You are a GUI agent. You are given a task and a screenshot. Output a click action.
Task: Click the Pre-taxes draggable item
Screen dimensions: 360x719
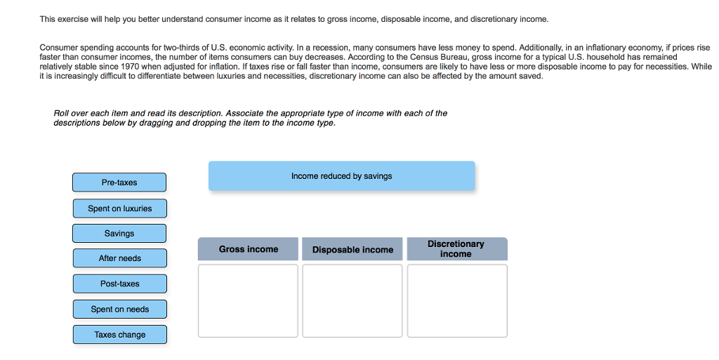tap(119, 182)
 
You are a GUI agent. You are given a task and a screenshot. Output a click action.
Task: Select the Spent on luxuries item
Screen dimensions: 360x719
tap(119, 208)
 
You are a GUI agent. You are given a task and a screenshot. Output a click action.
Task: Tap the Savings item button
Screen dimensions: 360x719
tap(119, 234)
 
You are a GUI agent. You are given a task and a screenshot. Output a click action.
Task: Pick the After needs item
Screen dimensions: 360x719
tap(119, 258)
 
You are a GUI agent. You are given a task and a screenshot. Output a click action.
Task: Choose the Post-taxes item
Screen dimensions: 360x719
tap(119, 284)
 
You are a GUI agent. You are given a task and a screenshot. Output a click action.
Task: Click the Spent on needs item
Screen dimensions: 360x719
tap(119, 309)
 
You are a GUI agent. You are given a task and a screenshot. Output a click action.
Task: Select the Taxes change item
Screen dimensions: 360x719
tap(119, 335)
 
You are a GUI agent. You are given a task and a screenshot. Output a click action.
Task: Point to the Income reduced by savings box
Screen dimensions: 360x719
tap(341, 176)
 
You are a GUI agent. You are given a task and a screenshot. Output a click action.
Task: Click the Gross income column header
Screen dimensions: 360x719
tap(248, 249)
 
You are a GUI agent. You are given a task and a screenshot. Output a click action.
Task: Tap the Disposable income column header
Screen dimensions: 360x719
tap(352, 250)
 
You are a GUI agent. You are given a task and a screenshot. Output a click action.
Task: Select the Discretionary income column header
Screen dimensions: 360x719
tap(456, 249)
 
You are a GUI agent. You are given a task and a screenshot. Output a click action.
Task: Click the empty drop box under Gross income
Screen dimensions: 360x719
tap(248, 300)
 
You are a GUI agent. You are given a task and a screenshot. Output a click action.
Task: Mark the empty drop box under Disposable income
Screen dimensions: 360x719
tap(352, 300)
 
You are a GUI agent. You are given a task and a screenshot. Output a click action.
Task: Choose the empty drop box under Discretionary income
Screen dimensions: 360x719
tap(457, 300)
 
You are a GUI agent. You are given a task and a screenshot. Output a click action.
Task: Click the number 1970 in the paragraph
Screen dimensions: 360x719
tap(131, 67)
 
